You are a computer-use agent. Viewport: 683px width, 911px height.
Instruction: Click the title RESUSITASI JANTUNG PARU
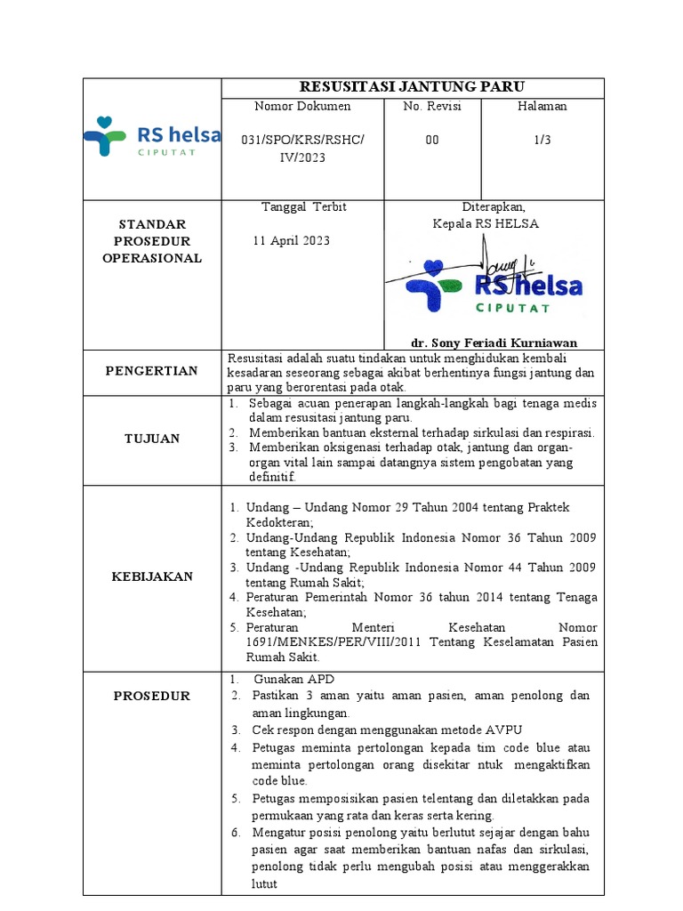pyautogui.click(x=412, y=86)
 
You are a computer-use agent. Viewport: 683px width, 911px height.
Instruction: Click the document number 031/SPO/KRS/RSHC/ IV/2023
pyautogui.click(x=302, y=149)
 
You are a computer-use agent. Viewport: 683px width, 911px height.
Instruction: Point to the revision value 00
pyautogui.click(x=431, y=141)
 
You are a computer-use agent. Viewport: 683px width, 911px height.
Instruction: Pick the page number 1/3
pyautogui.click(x=542, y=141)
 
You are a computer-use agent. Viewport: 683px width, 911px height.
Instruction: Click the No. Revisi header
pyautogui.click(x=431, y=106)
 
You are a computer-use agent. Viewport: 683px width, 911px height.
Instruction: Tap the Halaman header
pyautogui.click(x=542, y=106)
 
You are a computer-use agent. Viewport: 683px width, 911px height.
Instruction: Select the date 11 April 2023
pyautogui.click(x=291, y=241)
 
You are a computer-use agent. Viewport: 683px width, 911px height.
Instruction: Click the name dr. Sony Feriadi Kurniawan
pyautogui.click(x=494, y=343)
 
